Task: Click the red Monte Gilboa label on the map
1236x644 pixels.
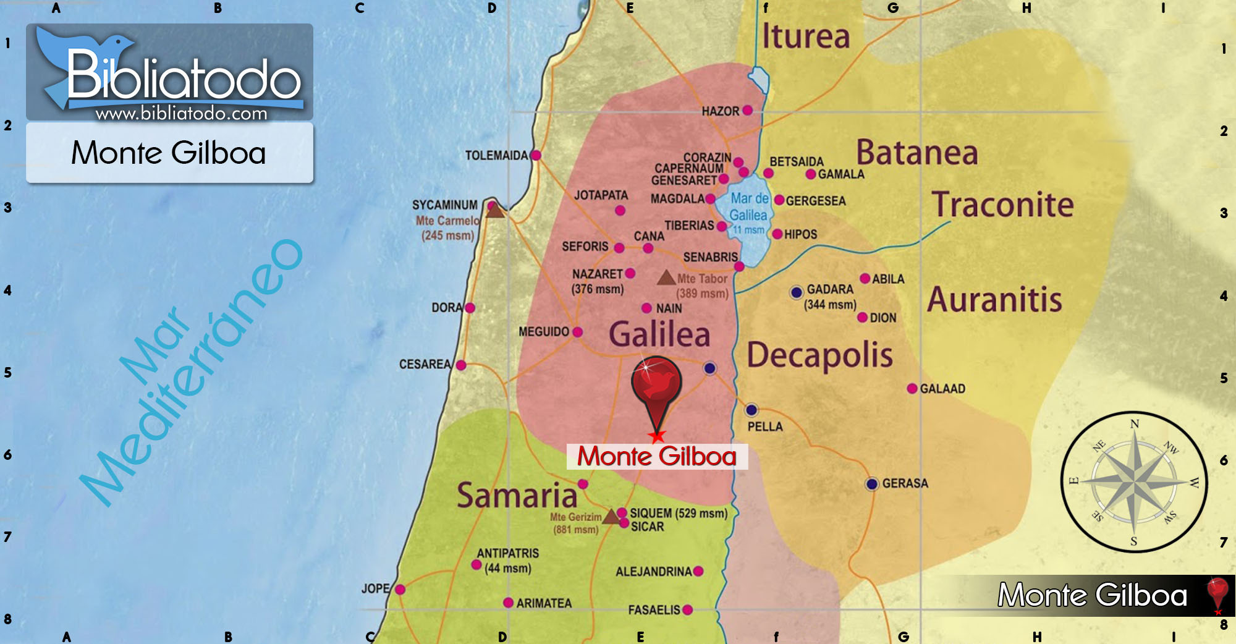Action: [x=657, y=457]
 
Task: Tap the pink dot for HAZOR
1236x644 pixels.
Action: [x=747, y=110]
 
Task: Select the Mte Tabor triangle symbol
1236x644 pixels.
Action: [x=666, y=278]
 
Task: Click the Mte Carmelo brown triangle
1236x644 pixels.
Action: [x=494, y=211]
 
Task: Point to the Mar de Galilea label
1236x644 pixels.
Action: [x=749, y=206]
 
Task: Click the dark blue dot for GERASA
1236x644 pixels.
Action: [x=871, y=483]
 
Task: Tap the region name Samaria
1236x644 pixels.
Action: [x=517, y=495]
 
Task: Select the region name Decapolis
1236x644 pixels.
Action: [x=819, y=355]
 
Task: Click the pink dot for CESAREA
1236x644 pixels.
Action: [x=461, y=365]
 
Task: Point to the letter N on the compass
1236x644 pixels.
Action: [x=1135, y=424]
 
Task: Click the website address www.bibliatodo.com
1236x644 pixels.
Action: [x=181, y=113]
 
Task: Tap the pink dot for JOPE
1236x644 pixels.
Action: [x=400, y=589]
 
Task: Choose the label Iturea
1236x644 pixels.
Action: [x=806, y=36]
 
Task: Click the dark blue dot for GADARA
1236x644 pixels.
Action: [x=797, y=292]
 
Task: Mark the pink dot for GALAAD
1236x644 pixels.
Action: [x=912, y=388]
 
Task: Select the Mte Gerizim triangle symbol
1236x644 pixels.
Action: [x=611, y=516]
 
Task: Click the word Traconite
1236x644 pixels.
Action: [x=1003, y=205]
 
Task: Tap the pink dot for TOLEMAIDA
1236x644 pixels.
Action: [x=536, y=155]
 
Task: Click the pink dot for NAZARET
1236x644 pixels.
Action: [x=630, y=273]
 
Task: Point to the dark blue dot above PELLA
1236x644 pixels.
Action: [x=751, y=409]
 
